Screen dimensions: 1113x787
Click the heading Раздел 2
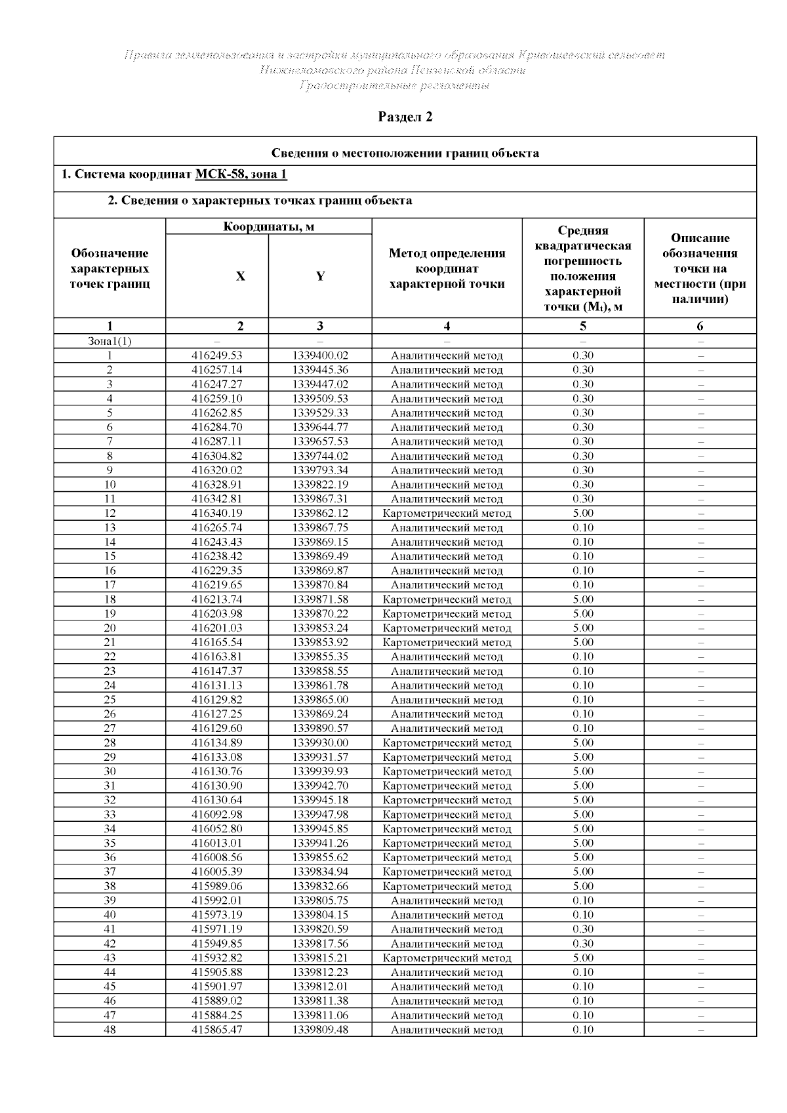tap(405, 117)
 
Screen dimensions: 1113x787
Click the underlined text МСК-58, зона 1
tap(241, 174)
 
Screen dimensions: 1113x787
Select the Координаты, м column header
tap(268, 227)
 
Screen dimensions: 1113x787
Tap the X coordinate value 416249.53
tap(216, 355)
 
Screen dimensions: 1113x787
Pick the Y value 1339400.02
tap(320, 355)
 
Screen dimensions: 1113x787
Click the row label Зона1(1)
tap(110, 341)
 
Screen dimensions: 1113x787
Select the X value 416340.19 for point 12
tap(216, 514)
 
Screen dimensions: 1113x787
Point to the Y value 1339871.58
tap(320, 599)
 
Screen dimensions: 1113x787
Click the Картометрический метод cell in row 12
tap(447, 514)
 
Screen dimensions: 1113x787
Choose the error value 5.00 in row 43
tap(582, 958)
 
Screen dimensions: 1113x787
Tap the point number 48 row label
tap(110, 1030)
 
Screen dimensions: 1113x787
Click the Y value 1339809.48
tap(320, 1030)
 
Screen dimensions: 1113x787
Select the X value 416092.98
tap(216, 815)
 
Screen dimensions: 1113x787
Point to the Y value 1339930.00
tap(320, 743)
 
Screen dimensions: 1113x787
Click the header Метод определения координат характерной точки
tap(447, 269)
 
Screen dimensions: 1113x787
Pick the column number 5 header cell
tap(582, 326)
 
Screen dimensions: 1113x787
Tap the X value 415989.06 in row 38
tap(216, 886)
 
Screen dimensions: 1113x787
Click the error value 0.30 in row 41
tap(582, 929)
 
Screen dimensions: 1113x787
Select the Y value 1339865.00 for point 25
tap(320, 700)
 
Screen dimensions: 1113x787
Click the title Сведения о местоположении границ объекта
tap(405, 153)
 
